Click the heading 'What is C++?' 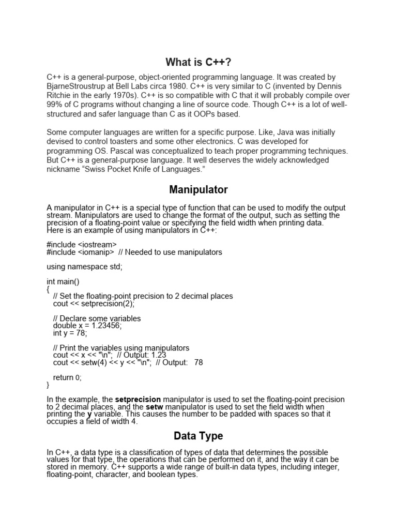(198, 63)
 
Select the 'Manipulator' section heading (198, 190)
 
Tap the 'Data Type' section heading (198, 436)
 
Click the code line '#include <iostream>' (82, 245)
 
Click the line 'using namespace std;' (85, 267)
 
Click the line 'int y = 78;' (71, 333)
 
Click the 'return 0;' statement (67, 378)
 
